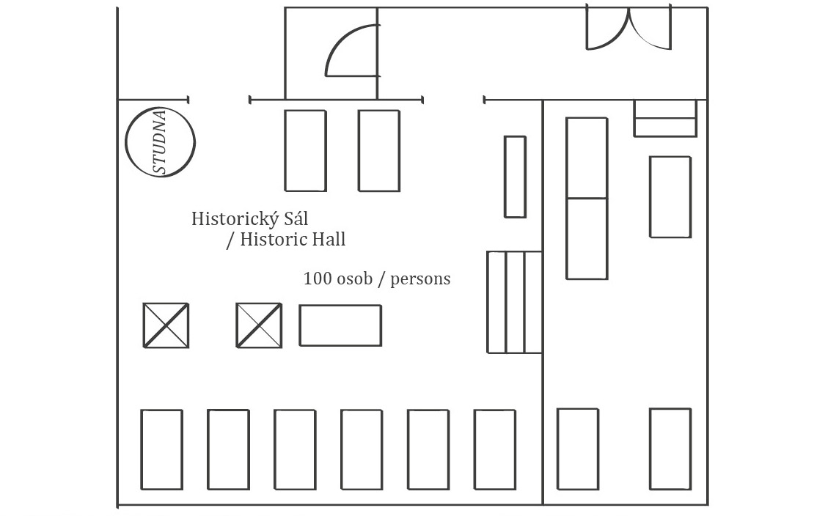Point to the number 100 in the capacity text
click(x=318, y=279)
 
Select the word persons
click(x=420, y=280)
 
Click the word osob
click(x=355, y=279)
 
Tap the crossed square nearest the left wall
click(x=166, y=325)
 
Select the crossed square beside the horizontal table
click(x=259, y=325)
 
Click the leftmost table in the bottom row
click(x=162, y=449)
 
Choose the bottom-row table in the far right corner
click(x=670, y=449)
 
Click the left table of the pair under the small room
click(x=306, y=150)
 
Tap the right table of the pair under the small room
click(x=379, y=150)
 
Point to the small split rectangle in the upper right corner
click(x=665, y=119)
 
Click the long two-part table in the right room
click(x=587, y=199)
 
